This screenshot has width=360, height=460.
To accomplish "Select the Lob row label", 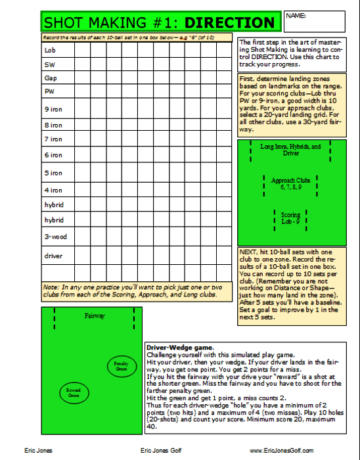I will tap(49, 50).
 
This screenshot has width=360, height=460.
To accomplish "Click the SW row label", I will tap(49, 64).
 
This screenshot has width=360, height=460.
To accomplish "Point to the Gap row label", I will tap(50, 78).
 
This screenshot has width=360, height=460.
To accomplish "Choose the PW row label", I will tap(49, 92).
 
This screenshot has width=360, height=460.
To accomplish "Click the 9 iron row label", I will tap(53, 109).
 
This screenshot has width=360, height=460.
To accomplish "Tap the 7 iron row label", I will tap(53, 139).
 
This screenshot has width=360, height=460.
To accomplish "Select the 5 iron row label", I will tap(53, 173).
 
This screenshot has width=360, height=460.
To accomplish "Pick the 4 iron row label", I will tap(53, 190).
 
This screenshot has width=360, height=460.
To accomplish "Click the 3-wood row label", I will tap(54, 237).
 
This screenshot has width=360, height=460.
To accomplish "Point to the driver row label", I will tap(53, 256).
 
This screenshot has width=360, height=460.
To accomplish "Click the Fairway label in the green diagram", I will tap(95, 317).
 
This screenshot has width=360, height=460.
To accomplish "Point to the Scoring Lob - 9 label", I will tap(290, 217).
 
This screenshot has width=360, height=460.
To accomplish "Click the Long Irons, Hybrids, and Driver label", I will tap(290, 150).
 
